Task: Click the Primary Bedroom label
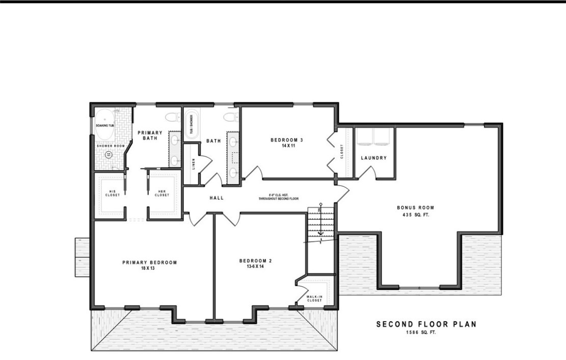click(149, 263)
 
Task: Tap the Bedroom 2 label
click(255, 261)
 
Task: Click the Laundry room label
click(373, 158)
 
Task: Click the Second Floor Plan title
click(426, 324)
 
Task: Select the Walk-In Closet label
click(314, 298)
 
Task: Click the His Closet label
click(113, 193)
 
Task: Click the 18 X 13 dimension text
click(149, 268)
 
